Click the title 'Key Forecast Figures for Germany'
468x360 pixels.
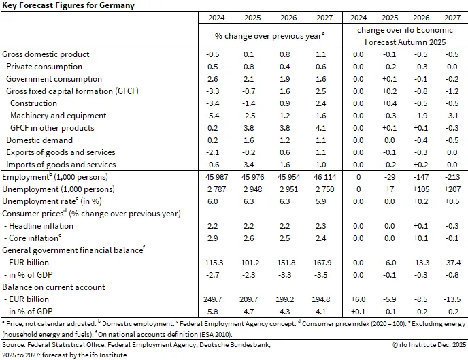[x=67, y=5]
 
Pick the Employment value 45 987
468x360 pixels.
[x=212, y=177]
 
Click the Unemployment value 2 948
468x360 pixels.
[x=250, y=189]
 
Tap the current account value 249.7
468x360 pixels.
[x=212, y=299]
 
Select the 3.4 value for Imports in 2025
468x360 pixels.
[x=250, y=165]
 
